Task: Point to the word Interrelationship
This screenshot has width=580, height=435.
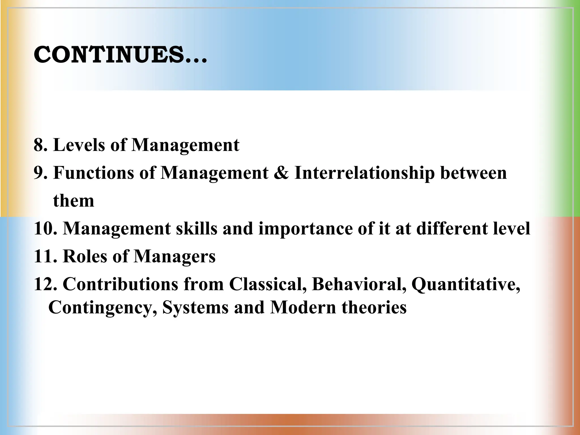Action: [x=364, y=173]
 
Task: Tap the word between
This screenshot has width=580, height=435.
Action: [x=473, y=173]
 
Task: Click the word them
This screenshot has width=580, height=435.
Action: [x=73, y=201]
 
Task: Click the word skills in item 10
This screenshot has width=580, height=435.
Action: [x=197, y=228]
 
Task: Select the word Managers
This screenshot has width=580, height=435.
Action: [x=174, y=257]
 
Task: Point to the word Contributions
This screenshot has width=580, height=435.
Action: [x=120, y=284]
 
